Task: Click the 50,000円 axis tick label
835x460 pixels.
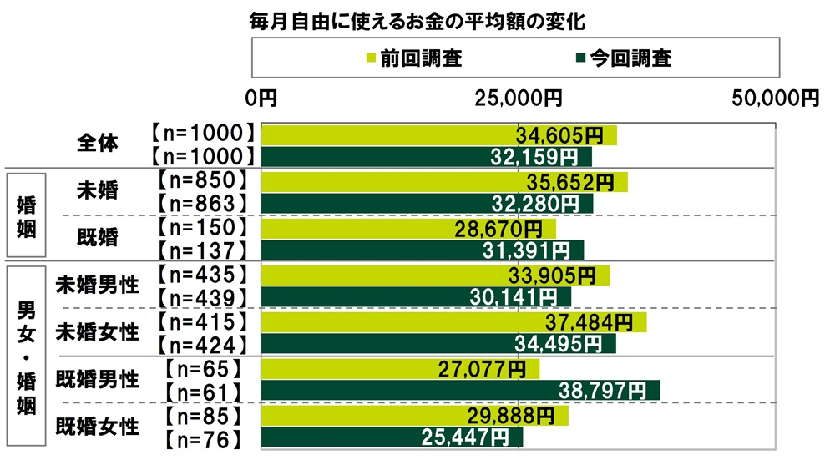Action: tap(776, 99)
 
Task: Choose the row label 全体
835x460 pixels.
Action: tap(97, 144)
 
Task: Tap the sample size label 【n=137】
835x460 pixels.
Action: tap(201, 249)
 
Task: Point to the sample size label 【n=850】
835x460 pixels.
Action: tap(201, 180)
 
